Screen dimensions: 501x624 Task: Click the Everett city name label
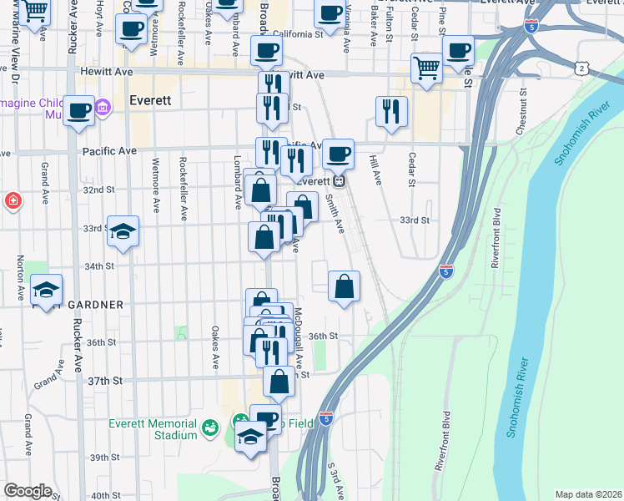[150, 99]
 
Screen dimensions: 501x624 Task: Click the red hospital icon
[13, 200]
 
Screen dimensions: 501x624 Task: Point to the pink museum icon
[103, 108]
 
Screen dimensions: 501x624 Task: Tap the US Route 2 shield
[580, 67]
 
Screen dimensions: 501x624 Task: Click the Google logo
[28, 491]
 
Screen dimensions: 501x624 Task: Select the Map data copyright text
[588, 494]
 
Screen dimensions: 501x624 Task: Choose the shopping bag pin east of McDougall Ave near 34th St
[344, 287]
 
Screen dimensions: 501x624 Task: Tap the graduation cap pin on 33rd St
[123, 232]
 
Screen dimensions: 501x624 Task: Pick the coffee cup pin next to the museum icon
[79, 111]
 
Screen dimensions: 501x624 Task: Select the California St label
[297, 34]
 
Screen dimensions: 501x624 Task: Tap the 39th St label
[106, 458]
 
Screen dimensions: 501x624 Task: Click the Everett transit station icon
[339, 181]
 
